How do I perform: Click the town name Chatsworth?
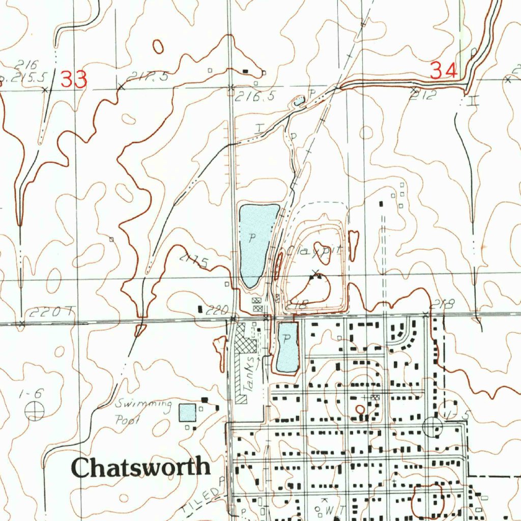click(141, 467)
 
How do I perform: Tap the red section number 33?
click(74, 79)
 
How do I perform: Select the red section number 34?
click(443, 70)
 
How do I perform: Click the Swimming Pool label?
click(143, 412)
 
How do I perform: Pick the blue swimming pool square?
click(187, 413)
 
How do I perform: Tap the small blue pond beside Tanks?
click(287, 347)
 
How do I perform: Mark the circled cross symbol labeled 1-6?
click(35, 411)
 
